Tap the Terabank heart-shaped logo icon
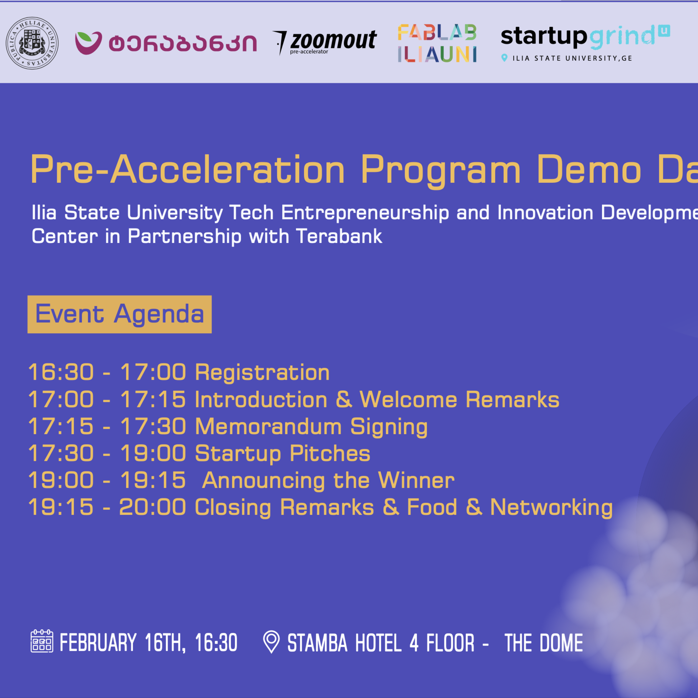click(x=88, y=43)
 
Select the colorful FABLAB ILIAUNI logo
click(x=437, y=43)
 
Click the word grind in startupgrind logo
click(x=622, y=37)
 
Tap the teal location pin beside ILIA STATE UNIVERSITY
click(x=504, y=58)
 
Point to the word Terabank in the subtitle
click(x=339, y=237)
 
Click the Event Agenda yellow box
click(x=119, y=314)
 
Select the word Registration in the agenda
click(x=262, y=373)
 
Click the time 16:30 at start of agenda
click(x=61, y=373)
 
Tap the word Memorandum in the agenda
click(x=268, y=427)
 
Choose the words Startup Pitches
click(x=282, y=454)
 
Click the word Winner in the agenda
click(x=416, y=481)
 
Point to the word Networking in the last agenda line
click(x=551, y=508)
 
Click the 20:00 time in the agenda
click(x=152, y=508)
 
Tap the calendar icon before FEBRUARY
click(x=42, y=641)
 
